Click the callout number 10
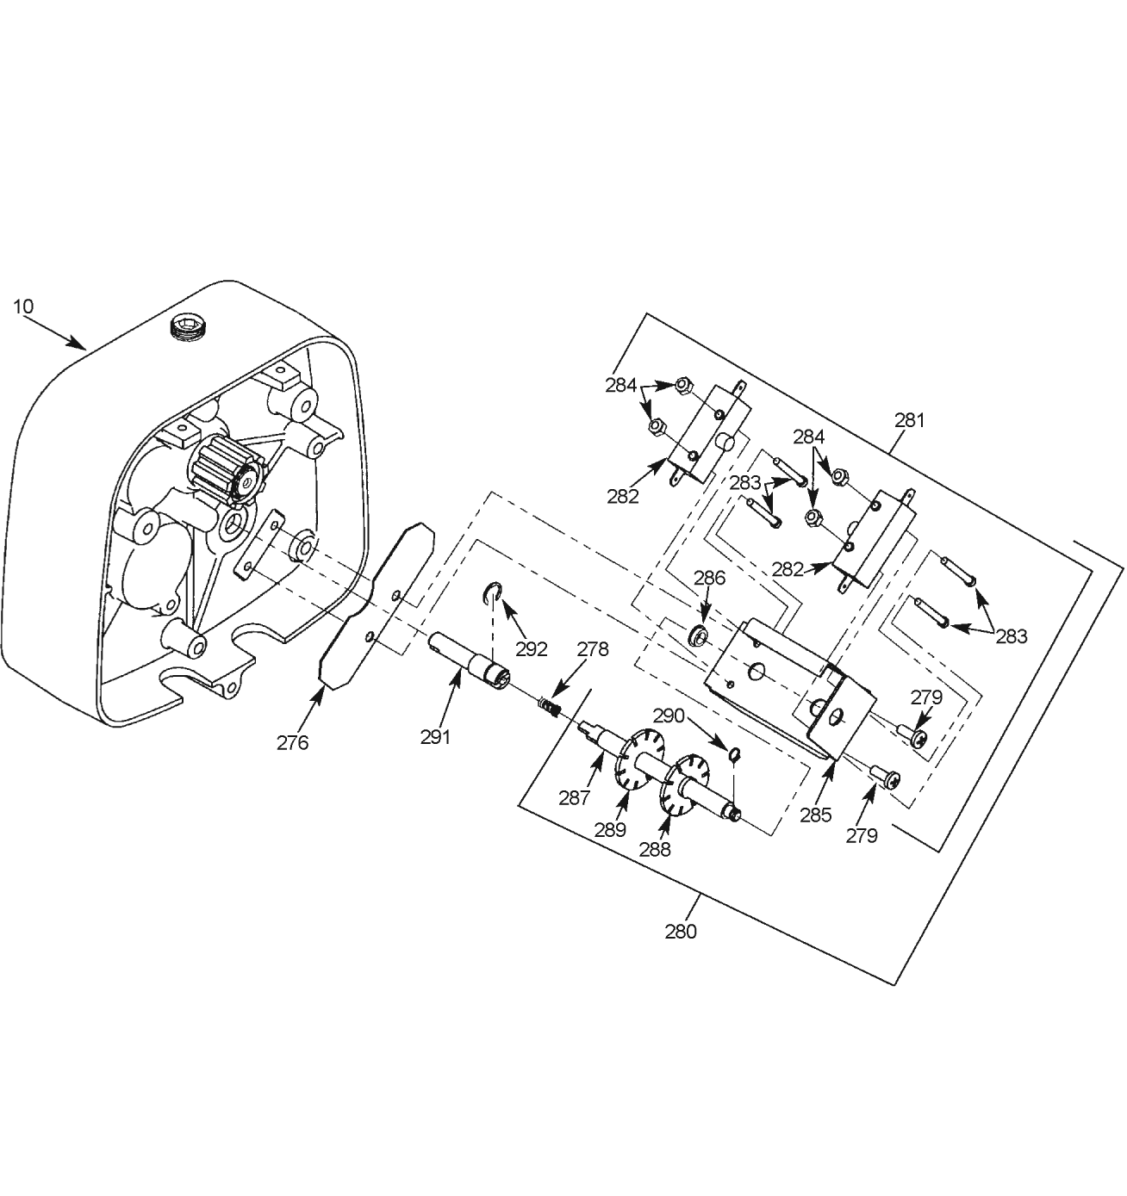pyautogui.click(x=23, y=307)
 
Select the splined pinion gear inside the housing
pyautogui.click(x=227, y=470)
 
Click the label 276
pyautogui.click(x=293, y=743)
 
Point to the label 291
pyautogui.click(x=436, y=737)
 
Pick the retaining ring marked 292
pyautogui.click(x=493, y=592)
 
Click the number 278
pyautogui.click(x=593, y=649)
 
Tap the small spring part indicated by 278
pyautogui.click(x=549, y=704)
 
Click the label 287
pyautogui.click(x=575, y=798)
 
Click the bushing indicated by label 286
pyautogui.click(x=700, y=635)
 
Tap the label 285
pyautogui.click(x=816, y=815)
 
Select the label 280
pyautogui.click(x=681, y=932)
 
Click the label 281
pyautogui.click(x=909, y=419)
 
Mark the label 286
pyautogui.click(x=710, y=578)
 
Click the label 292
pyautogui.click(x=532, y=648)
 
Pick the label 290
pyautogui.click(x=669, y=716)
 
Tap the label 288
pyautogui.click(x=655, y=849)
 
